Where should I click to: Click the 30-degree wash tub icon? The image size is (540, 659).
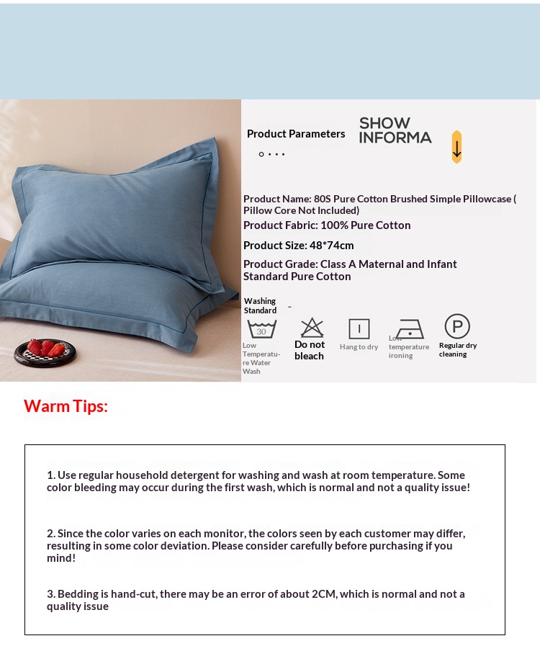(261, 329)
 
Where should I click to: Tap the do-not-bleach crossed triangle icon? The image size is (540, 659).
(312, 328)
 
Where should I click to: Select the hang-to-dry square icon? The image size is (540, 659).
(359, 329)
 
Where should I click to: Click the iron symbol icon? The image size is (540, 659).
(410, 329)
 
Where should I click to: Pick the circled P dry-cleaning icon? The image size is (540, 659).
(457, 326)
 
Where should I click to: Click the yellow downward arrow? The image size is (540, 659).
(456, 147)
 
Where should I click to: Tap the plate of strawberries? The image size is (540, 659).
(45, 351)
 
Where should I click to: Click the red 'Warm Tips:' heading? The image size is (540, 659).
(66, 406)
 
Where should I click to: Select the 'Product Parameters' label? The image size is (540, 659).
(296, 134)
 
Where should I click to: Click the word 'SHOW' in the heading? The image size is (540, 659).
(384, 123)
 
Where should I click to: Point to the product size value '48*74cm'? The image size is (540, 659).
(332, 246)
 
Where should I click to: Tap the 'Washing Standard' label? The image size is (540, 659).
(260, 306)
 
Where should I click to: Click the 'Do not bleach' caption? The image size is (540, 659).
(310, 350)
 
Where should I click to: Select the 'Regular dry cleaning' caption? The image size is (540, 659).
(458, 349)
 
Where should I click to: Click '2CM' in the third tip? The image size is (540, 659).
(325, 594)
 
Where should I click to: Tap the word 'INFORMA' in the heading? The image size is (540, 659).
(395, 138)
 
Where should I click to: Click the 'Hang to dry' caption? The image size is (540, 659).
(359, 347)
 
